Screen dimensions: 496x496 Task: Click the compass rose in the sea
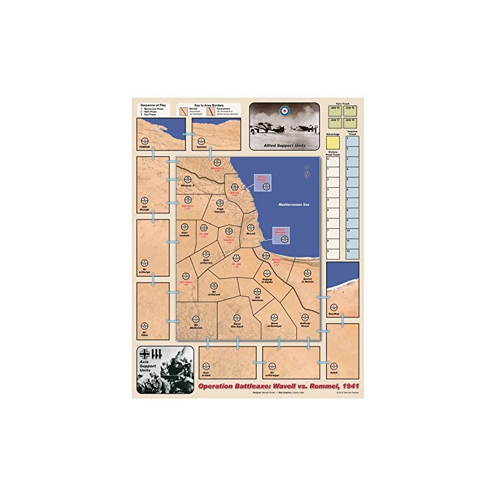(x=308, y=170)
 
